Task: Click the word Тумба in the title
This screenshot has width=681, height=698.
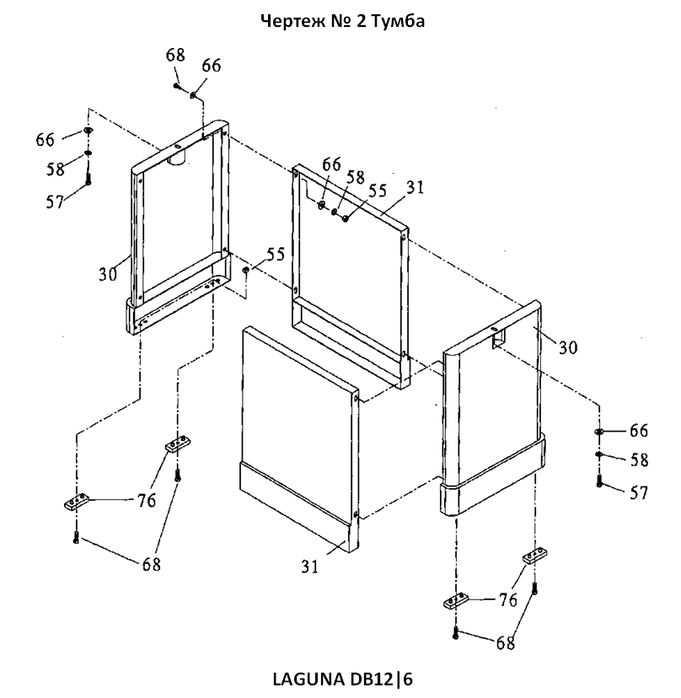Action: click(x=398, y=21)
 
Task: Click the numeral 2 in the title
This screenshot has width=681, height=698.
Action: click(x=360, y=21)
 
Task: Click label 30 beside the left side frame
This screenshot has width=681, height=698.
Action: click(x=107, y=274)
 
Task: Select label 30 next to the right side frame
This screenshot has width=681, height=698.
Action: click(x=567, y=347)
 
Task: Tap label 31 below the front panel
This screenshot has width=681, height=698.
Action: click(x=309, y=566)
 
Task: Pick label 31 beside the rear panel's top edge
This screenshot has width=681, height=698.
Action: click(x=415, y=187)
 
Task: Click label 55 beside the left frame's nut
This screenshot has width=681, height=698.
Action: click(x=275, y=255)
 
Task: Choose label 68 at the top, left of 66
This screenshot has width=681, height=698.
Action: click(x=175, y=55)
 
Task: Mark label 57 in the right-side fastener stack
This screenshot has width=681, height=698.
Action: click(x=638, y=493)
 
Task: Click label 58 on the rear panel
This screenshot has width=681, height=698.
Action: click(x=355, y=177)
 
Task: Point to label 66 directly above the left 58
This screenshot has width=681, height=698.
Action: click(x=45, y=140)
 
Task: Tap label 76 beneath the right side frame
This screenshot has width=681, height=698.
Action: click(x=507, y=600)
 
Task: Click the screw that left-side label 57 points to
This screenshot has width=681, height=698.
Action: click(x=88, y=179)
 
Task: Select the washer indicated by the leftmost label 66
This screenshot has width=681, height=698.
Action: click(x=88, y=130)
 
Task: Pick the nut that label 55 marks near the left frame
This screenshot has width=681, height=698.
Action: click(x=245, y=270)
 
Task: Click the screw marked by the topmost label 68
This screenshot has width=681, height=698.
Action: click(x=178, y=87)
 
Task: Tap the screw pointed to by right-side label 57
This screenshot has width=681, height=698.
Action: click(x=599, y=481)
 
